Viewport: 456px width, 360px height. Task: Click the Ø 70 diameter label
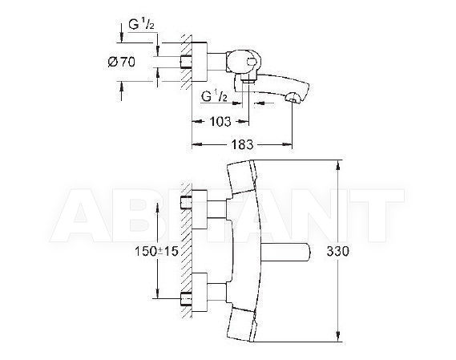121,62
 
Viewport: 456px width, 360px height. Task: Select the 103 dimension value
220,121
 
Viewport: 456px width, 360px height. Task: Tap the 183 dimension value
242,144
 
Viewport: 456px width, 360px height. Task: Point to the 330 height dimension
337,251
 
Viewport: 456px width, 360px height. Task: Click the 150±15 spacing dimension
156,251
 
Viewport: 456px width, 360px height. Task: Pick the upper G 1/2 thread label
141,24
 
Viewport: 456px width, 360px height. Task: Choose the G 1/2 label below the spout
214,95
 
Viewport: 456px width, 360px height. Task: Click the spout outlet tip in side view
293,98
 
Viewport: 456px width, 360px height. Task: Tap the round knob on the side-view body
252,62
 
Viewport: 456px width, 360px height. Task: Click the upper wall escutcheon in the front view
200,209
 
